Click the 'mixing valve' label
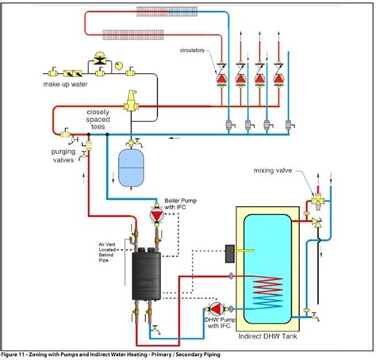click(x=274, y=170)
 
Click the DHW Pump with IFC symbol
click(x=214, y=309)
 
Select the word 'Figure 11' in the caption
click(x=17, y=354)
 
